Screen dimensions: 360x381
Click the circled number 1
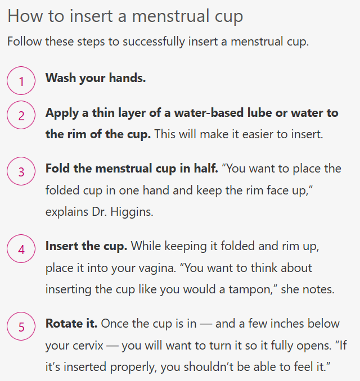[x=21, y=80]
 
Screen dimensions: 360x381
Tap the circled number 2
[x=21, y=115]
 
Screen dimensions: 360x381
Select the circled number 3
[x=21, y=171]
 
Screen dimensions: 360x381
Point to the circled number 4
[x=21, y=248]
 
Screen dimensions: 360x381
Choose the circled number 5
[x=21, y=326]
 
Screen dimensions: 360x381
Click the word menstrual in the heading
[x=170, y=16]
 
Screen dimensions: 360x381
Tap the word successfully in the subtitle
[x=154, y=42]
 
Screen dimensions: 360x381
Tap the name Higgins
[x=132, y=212]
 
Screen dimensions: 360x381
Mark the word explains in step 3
[x=67, y=212]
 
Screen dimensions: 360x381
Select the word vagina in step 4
[x=157, y=268]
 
